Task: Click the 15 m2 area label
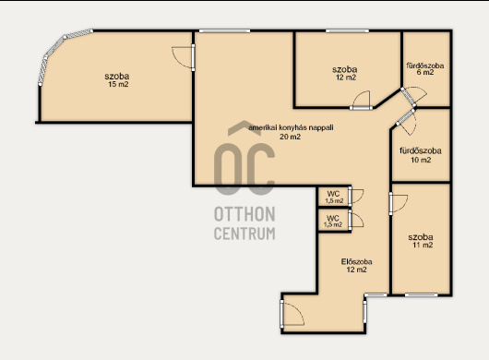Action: (118, 84)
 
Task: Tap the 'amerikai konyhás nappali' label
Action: (291, 127)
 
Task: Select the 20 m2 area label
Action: (290, 137)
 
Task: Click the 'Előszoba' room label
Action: (356, 261)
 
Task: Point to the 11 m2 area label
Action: (423, 245)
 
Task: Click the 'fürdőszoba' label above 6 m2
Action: (425, 66)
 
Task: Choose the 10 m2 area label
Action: (421, 160)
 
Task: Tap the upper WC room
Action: (334, 197)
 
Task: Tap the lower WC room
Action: (334, 221)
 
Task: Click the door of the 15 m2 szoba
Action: (184, 57)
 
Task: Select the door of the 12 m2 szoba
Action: (362, 101)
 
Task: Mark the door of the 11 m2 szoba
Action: (398, 203)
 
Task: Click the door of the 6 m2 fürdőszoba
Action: (413, 95)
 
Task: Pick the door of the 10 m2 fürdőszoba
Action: (406, 121)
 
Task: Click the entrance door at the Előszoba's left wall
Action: (292, 314)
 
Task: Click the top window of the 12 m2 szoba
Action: (347, 30)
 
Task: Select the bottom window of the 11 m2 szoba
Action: (421, 294)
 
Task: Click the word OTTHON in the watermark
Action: (244, 214)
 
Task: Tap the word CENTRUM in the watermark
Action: (244, 234)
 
